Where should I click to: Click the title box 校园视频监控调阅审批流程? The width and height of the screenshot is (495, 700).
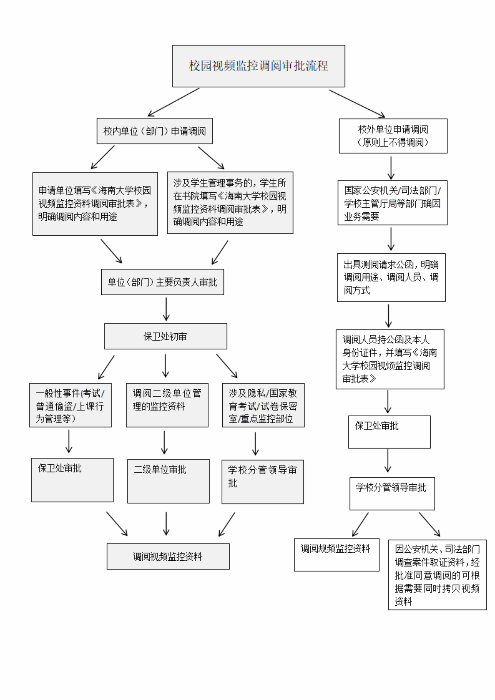point(258,66)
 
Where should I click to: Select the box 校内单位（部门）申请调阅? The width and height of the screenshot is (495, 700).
point(155,131)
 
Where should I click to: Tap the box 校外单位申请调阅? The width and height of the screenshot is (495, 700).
point(393,136)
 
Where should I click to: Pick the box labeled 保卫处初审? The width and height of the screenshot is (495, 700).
point(165,336)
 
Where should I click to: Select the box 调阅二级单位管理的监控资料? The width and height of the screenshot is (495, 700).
point(167,405)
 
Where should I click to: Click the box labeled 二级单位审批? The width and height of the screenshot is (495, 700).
point(168,481)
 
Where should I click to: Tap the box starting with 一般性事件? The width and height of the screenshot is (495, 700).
point(70,405)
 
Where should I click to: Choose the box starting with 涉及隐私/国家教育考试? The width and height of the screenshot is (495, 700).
point(263,405)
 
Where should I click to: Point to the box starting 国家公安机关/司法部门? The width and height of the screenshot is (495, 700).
point(392,203)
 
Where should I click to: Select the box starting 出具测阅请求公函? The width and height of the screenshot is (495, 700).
point(391,277)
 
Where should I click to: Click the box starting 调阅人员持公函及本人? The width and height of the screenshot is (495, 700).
point(390,359)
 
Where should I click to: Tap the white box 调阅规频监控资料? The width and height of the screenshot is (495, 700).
point(336,554)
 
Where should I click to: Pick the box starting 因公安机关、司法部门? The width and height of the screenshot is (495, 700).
point(437,575)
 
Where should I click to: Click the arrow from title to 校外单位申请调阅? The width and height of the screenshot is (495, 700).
point(357,103)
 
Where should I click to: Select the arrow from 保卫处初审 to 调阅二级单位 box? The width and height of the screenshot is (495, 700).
point(166,365)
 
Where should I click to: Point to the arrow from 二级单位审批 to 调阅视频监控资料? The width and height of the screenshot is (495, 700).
point(166,523)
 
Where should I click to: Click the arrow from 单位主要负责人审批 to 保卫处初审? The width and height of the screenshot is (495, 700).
point(166,309)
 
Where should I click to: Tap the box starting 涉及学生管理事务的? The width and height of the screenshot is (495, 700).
point(230,203)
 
